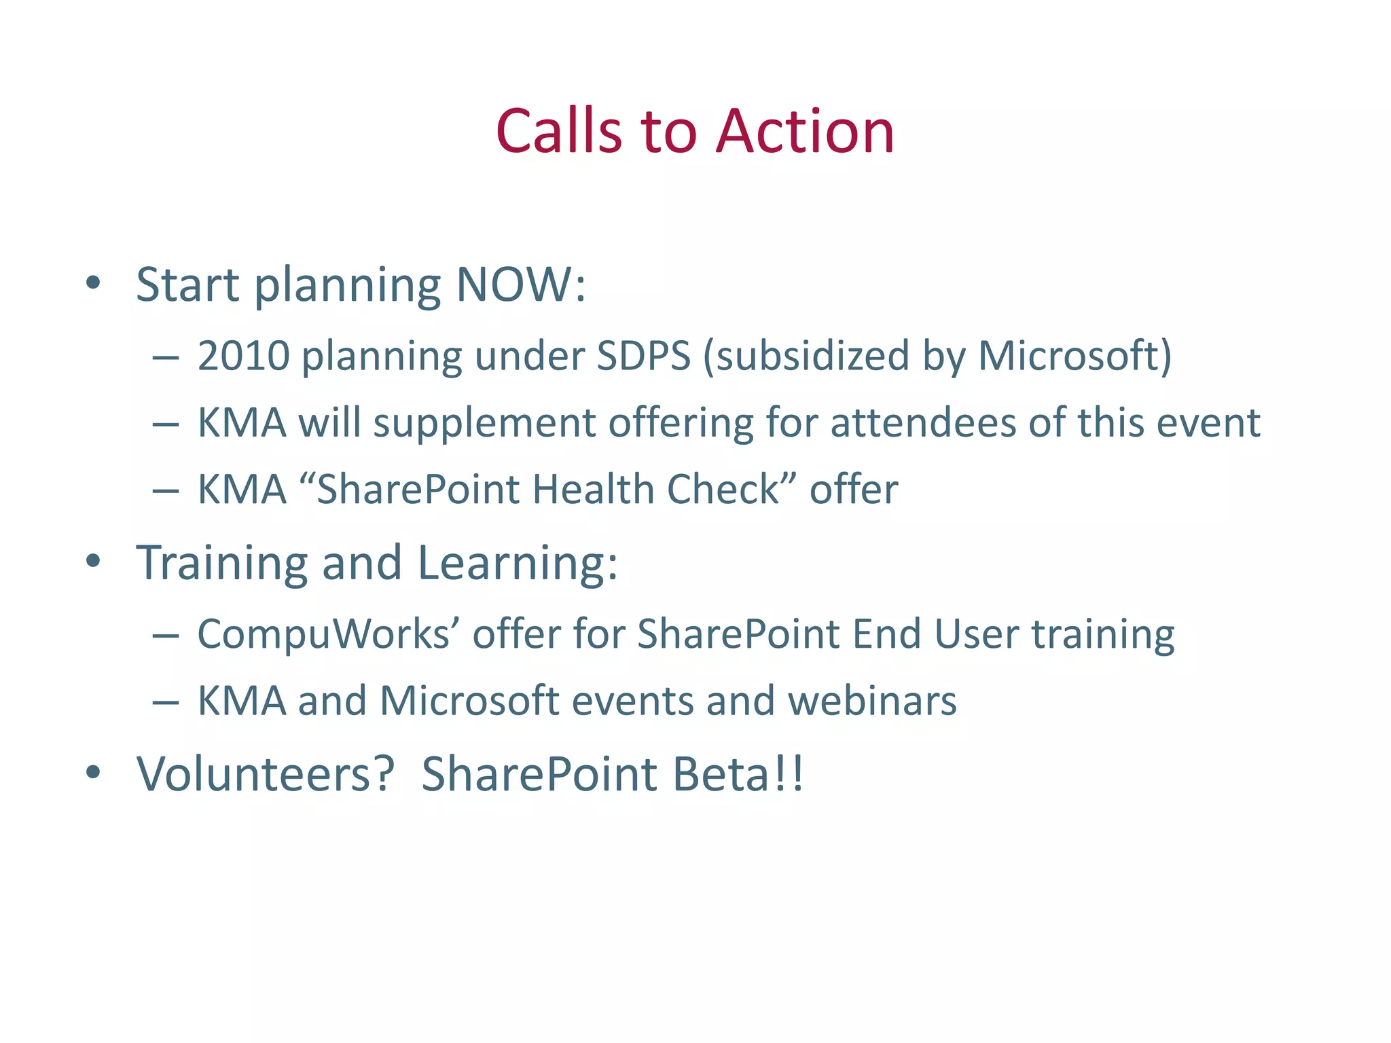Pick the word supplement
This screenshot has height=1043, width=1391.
tap(484, 422)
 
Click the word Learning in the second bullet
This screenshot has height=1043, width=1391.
tap(518, 563)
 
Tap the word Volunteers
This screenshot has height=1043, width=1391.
tap(265, 774)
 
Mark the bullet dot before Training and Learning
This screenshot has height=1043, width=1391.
tap(94, 561)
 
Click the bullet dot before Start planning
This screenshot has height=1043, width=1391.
tap(94, 282)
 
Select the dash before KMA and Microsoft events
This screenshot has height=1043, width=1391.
tap(166, 702)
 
